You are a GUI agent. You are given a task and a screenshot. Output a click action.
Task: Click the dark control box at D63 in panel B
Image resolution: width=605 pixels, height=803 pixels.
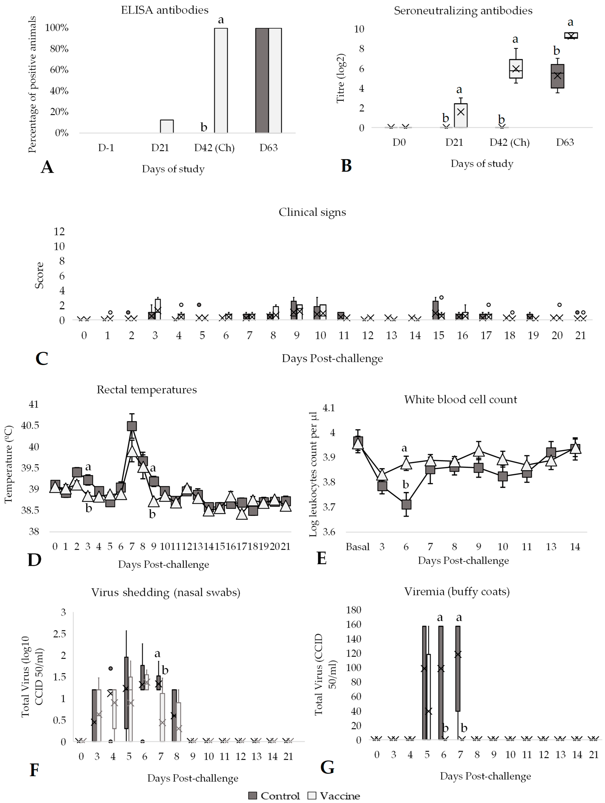557,76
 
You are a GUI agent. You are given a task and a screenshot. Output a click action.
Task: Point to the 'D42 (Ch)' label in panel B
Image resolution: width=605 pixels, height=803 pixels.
509,142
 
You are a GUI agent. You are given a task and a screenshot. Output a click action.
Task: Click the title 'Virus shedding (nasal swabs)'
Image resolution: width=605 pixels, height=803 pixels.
165,592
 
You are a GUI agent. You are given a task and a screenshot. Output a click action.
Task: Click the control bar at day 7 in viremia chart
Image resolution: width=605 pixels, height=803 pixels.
458,668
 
